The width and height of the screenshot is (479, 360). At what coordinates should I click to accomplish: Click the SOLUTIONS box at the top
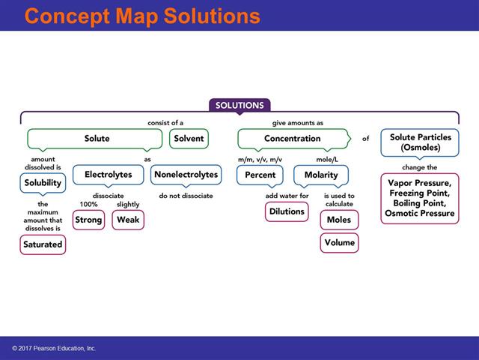(239, 106)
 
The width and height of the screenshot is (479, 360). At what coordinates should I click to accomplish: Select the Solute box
(96, 139)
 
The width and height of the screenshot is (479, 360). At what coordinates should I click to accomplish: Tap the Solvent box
(189, 139)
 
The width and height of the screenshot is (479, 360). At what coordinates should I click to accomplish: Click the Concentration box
(292, 139)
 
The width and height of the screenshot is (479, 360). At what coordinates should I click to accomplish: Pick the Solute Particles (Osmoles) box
(420, 141)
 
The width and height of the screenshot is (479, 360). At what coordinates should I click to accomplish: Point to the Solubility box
(43, 183)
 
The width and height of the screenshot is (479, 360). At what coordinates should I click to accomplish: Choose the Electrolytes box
(108, 175)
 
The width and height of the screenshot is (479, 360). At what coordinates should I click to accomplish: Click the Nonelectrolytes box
(186, 175)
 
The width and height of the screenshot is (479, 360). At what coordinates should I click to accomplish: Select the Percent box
(260, 175)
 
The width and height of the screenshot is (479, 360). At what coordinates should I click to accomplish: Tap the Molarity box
(321, 175)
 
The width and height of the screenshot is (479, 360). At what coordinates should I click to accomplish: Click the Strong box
(88, 220)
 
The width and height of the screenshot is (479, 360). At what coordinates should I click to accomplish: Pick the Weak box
(128, 220)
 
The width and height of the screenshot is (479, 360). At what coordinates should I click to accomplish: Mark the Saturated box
(43, 244)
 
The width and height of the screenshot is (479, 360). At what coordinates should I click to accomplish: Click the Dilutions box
(287, 211)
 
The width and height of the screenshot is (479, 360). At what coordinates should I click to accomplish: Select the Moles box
(339, 220)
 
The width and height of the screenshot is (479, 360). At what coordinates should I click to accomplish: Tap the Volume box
(339, 243)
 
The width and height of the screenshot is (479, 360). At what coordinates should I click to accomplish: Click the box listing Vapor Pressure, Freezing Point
(419, 198)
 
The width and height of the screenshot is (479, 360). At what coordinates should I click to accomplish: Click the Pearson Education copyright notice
(54, 349)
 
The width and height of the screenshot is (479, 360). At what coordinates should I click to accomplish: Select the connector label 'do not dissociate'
(186, 196)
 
